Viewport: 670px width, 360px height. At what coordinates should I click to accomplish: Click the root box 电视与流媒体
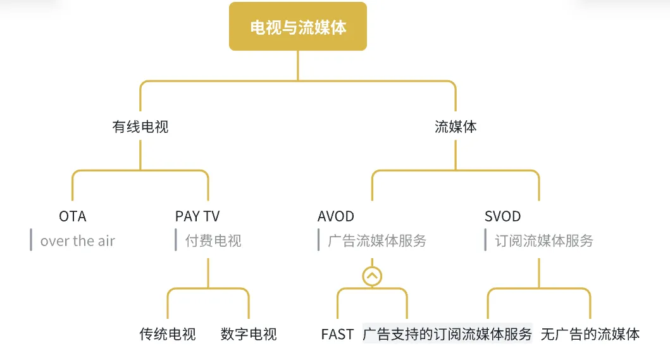click(298, 27)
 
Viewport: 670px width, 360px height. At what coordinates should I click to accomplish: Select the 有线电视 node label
click(140, 127)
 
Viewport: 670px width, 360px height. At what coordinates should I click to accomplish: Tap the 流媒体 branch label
click(456, 127)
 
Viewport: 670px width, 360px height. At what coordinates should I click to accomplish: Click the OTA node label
click(73, 216)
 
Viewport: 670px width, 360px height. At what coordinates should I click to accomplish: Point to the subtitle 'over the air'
click(78, 241)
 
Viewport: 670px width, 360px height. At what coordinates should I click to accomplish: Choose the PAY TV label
click(197, 216)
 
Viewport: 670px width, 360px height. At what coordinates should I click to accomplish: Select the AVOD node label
click(336, 216)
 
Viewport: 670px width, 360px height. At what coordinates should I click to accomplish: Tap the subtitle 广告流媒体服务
click(378, 241)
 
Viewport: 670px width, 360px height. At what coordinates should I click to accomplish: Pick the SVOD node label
click(503, 216)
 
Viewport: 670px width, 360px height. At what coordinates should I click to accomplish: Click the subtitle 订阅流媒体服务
click(544, 241)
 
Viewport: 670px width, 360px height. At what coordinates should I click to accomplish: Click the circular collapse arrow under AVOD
click(372, 276)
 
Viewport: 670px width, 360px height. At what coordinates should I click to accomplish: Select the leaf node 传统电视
click(168, 334)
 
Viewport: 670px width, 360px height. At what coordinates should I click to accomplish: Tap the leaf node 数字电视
click(249, 334)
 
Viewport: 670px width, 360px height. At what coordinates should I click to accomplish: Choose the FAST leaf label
click(337, 334)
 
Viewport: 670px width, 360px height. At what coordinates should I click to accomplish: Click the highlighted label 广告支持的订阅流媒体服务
click(447, 334)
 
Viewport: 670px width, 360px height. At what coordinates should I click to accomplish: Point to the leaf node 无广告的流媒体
click(590, 334)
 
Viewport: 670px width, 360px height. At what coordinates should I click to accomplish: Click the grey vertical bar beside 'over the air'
click(31, 240)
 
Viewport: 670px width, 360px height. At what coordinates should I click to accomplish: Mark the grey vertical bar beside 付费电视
click(176, 240)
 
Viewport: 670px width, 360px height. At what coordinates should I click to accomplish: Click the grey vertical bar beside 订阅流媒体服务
click(485, 240)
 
